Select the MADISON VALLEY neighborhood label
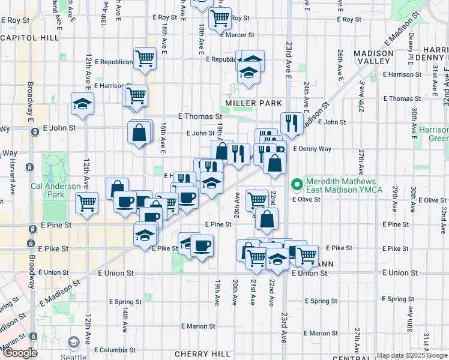373,58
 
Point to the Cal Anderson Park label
55,190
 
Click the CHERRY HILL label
202,355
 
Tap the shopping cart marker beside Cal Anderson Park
87,203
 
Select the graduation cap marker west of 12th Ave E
82,103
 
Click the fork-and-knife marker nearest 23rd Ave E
291,123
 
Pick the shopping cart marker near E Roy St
220,17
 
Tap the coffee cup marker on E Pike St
202,244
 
